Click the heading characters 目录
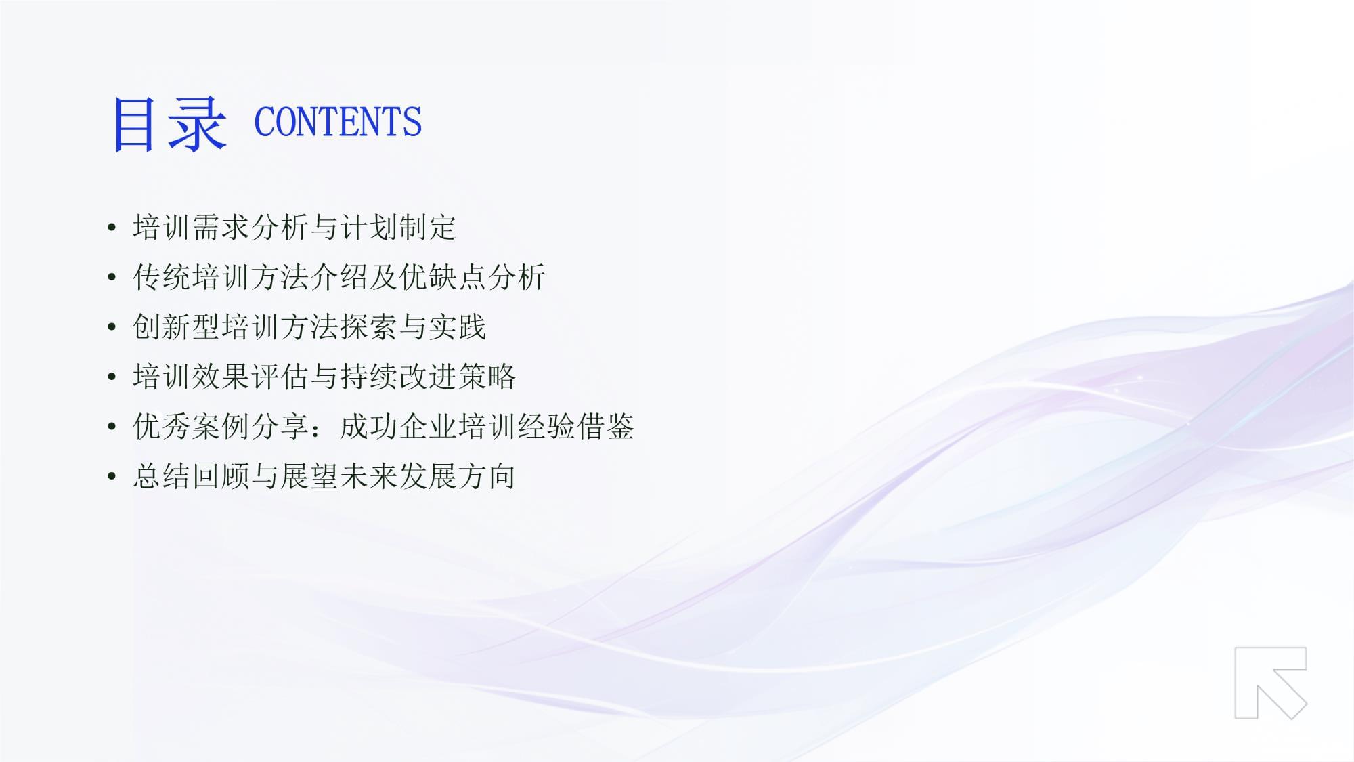pyautogui.click(x=169, y=123)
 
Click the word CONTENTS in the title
pyautogui.click(x=338, y=123)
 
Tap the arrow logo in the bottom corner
pyautogui.click(x=1271, y=683)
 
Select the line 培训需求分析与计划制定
pyautogui.click(x=294, y=228)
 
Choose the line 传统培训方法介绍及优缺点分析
pyautogui.click(x=339, y=277)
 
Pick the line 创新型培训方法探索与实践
pyautogui.click(x=309, y=327)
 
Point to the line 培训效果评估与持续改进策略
pyautogui.click(x=324, y=377)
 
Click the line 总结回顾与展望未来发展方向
pyautogui.click(x=324, y=476)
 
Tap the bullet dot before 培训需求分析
pyautogui.click(x=112, y=228)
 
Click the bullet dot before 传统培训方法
pyautogui.click(x=112, y=278)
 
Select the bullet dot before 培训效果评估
pyautogui.click(x=112, y=377)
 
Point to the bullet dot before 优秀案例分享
pyautogui.click(x=112, y=427)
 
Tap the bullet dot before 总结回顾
pyautogui.click(x=112, y=477)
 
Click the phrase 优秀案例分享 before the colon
pyautogui.click(x=221, y=427)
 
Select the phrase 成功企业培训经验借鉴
pyautogui.click(x=487, y=427)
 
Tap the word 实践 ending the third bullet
pyautogui.click(x=457, y=327)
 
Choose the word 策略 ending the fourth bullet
pyautogui.click(x=487, y=377)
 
